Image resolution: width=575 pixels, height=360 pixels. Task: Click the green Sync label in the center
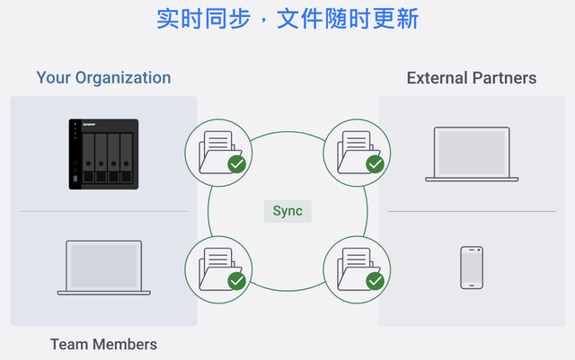[287, 212]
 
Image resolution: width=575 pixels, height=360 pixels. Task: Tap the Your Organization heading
[103, 77]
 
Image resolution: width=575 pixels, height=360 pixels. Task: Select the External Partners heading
[472, 78]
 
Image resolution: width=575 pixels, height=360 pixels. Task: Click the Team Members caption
[103, 344]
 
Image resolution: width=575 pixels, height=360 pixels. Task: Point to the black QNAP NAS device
[103, 154]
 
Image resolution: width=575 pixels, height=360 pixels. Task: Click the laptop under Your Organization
[103, 268]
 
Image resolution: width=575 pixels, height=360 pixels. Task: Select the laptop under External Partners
[472, 154]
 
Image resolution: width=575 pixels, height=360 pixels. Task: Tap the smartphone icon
[472, 268]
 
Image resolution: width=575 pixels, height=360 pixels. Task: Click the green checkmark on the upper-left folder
[237, 164]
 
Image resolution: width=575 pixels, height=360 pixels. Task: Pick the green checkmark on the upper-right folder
[376, 164]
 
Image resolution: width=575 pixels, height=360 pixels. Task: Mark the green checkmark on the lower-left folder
[237, 281]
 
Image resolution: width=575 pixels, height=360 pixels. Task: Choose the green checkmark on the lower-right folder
[376, 281]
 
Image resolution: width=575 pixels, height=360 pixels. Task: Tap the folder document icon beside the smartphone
[357, 268]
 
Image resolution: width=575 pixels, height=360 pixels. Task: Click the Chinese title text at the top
[287, 19]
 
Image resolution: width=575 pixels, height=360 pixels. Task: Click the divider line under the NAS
[103, 212]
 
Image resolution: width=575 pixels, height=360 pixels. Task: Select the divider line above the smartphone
[472, 212]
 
